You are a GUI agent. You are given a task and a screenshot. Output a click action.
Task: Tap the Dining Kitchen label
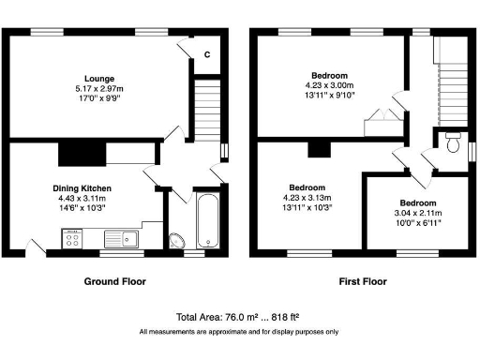(82, 188)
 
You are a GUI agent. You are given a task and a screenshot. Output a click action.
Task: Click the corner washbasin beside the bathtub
(178, 240)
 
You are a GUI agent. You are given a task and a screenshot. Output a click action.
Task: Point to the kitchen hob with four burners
(71, 240)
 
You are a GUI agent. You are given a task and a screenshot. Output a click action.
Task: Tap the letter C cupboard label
(207, 54)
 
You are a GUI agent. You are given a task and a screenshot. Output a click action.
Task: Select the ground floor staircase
(205, 106)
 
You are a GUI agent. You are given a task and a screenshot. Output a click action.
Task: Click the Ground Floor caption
(115, 281)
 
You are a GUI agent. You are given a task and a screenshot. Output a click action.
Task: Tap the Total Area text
(239, 317)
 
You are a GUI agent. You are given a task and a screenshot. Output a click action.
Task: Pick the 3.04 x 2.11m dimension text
(417, 214)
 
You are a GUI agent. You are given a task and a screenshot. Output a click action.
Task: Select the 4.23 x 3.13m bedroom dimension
(307, 198)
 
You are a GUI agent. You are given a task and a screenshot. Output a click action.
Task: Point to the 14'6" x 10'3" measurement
(82, 208)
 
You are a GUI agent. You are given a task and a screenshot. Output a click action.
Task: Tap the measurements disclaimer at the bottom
(239, 332)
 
